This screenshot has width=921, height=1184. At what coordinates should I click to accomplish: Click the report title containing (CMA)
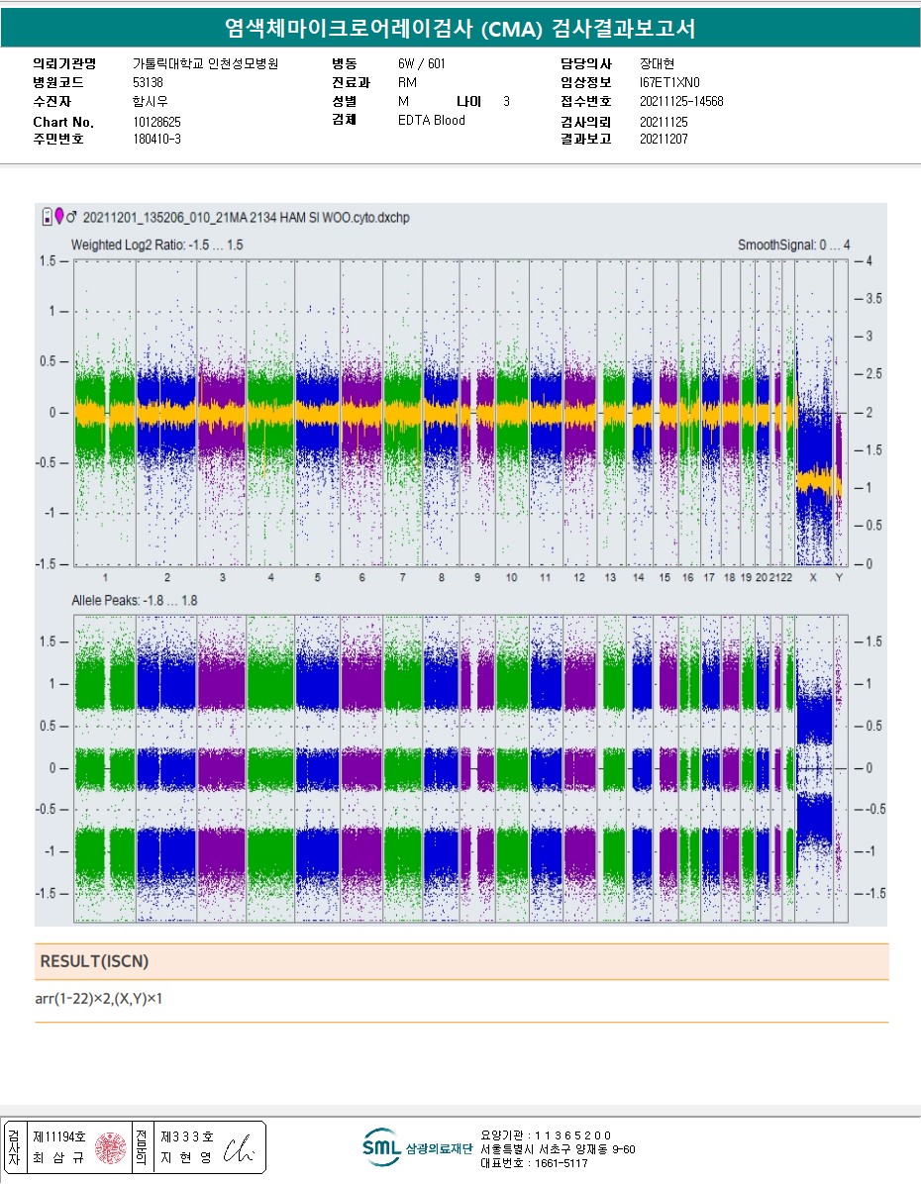click(460, 30)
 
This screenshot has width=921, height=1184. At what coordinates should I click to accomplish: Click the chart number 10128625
click(156, 122)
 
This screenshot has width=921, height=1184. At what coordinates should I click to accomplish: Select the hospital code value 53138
click(148, 82)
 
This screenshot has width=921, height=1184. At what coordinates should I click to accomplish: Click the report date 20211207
click(664, 140)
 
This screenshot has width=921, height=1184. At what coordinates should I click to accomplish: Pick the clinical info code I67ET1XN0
click(669, 82)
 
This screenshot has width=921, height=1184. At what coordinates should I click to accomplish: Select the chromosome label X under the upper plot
click(813, 577)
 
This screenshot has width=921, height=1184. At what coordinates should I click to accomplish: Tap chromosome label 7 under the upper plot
click(402, 577)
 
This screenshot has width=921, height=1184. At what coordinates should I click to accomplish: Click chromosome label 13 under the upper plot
click(610, 577)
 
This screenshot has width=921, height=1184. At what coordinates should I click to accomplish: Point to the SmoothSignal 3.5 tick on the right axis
click(870, 298)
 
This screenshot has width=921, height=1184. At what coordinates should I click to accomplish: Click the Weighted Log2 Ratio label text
click(157, 245)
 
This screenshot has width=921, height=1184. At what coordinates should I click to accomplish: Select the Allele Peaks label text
click(134, 601)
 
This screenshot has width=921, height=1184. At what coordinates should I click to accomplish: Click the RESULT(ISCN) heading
click(94, 961)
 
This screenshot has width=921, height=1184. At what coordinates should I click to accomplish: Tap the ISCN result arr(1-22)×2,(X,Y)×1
click(99, 999)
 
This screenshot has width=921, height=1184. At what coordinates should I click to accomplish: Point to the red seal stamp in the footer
click(109, 1147)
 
